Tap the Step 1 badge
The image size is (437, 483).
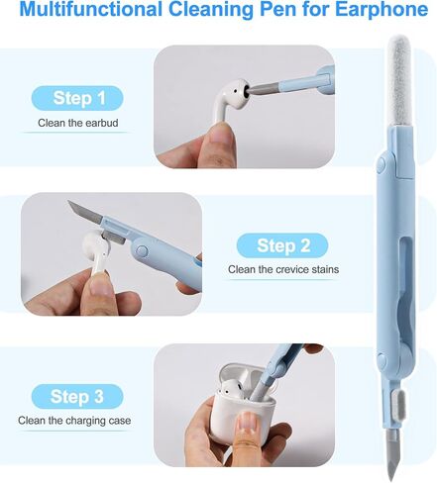(x=76, y=98)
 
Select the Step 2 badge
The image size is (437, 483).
(x=283, y=245)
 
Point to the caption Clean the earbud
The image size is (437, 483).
(x=76, y=125)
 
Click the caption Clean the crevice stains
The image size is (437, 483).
(x=283, y=269)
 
